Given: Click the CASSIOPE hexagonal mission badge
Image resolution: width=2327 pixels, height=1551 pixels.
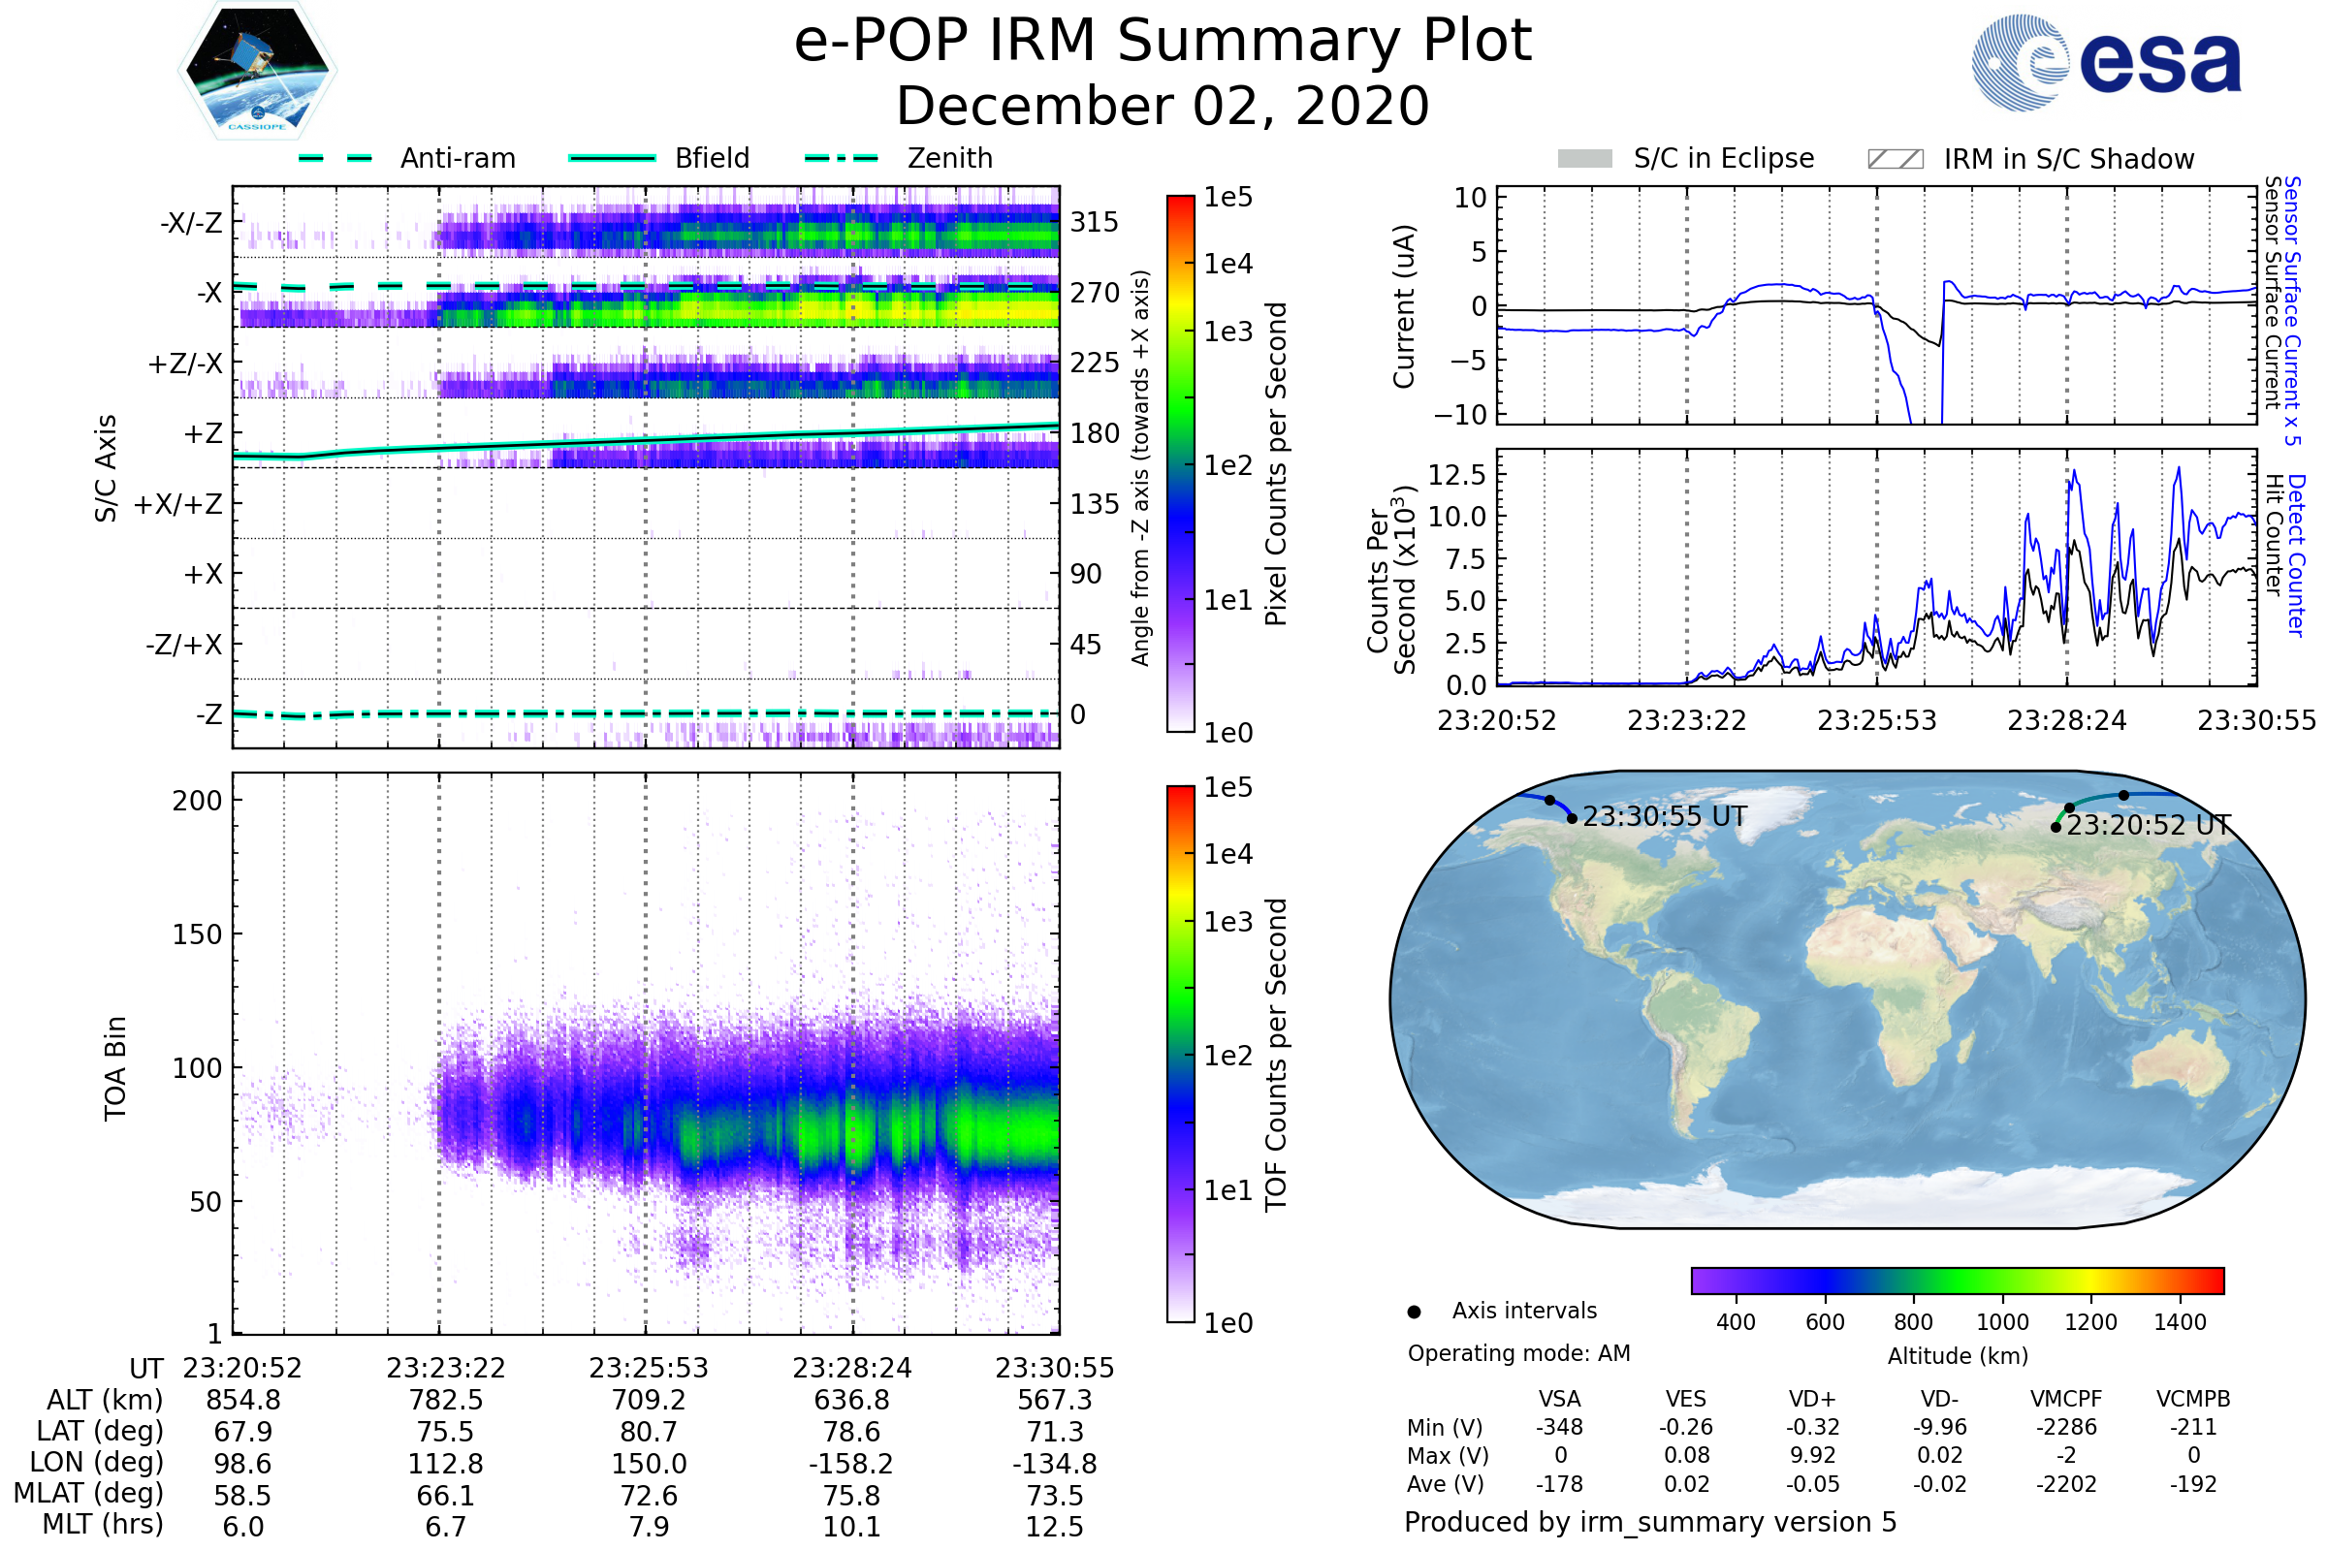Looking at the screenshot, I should [x=257, y=70].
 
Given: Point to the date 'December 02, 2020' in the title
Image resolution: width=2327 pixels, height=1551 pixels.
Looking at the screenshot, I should [x=1163, y=107].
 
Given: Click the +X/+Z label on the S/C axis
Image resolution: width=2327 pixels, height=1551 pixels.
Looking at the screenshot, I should [x=178, y=504].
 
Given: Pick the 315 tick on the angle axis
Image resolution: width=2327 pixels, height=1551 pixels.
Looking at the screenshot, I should [x=1095, y=222].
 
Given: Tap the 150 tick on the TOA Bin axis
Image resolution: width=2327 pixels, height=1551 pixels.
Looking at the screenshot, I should [x=197, y=934].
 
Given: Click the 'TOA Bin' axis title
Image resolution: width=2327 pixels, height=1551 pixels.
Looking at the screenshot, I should [x=115, y=1068].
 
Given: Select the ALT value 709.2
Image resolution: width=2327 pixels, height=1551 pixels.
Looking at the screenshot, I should [x=649, y=1400].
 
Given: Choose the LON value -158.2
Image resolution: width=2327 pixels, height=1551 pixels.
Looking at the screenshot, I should [x=852, y=1463].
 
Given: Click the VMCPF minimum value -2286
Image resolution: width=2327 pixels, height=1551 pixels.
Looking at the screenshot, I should [x=2066, y=1427].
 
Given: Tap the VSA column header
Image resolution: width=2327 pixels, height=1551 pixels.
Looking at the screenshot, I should [x=1559, y=1399].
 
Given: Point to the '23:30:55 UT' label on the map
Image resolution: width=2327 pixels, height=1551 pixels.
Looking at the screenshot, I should [x=1664, y=817].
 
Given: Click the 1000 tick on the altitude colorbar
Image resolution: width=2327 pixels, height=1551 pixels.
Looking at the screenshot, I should [x=2002, y=1322].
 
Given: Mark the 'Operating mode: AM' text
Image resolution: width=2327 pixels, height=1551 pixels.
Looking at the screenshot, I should [x=1518, y=1353].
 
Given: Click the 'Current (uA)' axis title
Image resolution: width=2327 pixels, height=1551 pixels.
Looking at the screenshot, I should [x=1404, y=306].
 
